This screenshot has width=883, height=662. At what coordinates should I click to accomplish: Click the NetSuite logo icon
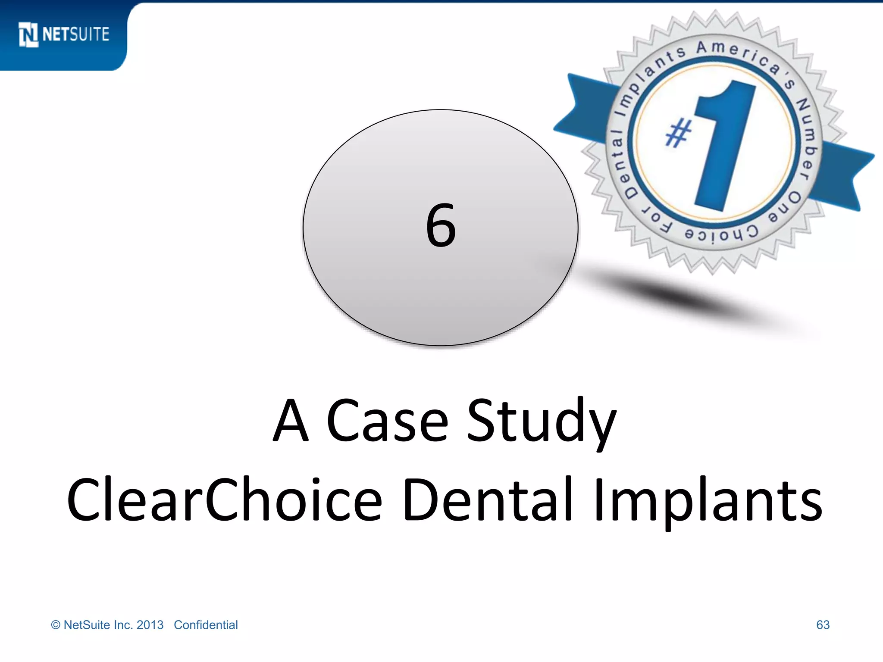pyautogui.click(x=28, y=34)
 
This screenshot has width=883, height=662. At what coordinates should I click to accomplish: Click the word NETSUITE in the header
pyautogui.click(x=76, y=34)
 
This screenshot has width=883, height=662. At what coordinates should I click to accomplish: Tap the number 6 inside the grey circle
pyautogui.click(x=441, y=226)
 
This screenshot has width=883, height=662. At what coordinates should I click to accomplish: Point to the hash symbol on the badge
pyautogui.click(x=678, y=134)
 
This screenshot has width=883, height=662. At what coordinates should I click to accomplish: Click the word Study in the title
pyautogui.click(x=542, y=420)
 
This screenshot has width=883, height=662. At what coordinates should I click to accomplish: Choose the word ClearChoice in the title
pyautogui.click(x=224, y=500)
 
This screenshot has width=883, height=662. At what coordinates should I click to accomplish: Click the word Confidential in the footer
pyautogui.click(x=206, y=625)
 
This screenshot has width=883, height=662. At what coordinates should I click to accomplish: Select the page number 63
pyautogui.click(x=823, y=625)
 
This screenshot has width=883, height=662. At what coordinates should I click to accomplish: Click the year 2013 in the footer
pyautogui.click(x=150, y=625)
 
